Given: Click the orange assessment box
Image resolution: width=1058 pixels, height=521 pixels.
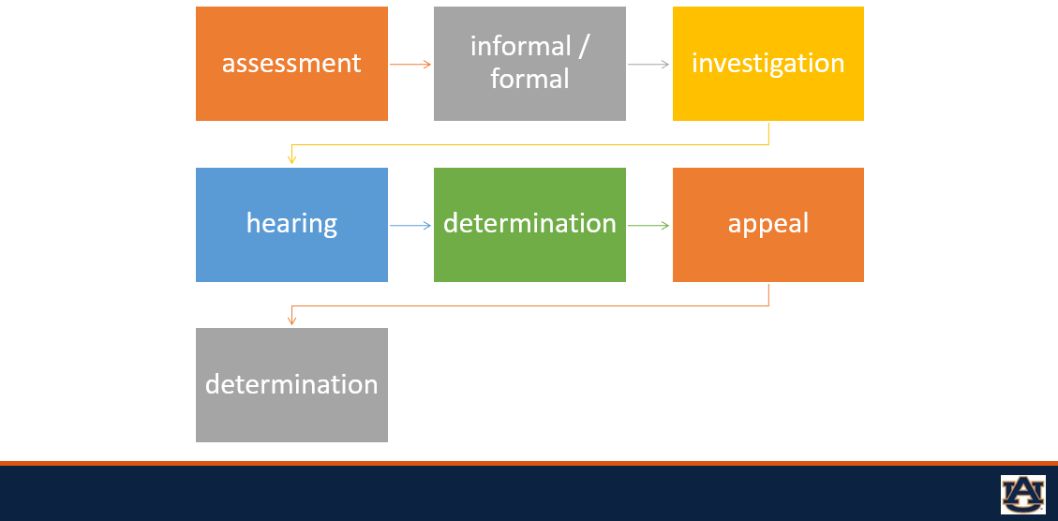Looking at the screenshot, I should (x=291, y=64).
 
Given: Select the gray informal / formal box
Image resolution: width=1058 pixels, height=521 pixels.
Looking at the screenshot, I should (x=529, y=64).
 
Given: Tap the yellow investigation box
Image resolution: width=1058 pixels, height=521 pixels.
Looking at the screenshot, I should (x=767, y=64).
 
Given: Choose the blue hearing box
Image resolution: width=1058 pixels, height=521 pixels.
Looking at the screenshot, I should (x=291, y=225).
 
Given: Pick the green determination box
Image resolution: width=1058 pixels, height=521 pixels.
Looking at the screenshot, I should (x=529, y=225).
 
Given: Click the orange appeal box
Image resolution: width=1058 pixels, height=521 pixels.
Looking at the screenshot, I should (x=767, y=225).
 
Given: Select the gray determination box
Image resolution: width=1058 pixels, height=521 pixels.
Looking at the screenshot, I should (x=291, y=385).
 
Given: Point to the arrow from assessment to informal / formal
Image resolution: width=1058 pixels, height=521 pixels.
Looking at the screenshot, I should (x=410, y=64).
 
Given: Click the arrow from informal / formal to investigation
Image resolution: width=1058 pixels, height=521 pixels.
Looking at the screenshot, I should (x=648, y=64).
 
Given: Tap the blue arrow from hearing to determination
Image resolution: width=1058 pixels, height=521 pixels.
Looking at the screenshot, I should (x=410, y=225).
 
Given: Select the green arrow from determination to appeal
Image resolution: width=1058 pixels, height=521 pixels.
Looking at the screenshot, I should (x=648, y=225).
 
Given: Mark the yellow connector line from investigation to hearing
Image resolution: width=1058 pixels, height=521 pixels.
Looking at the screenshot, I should (x=529, y=145).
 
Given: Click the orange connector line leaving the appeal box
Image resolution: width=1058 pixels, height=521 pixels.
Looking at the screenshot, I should (x=529, y=305).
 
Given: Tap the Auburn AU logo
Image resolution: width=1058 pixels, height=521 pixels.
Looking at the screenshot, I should (x=1022, y=494).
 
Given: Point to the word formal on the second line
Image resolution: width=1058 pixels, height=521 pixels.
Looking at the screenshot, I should (x=529, y=80).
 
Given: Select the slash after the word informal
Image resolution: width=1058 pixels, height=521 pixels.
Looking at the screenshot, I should (x=584, y=47).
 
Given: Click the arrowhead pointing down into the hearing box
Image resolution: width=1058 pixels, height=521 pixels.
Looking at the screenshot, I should (x=291, y=159).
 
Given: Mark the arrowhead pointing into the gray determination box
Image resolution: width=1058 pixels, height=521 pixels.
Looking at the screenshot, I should (x=291, y=320).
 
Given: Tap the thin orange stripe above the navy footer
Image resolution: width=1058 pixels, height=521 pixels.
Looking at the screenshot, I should (x=529, y=463).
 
